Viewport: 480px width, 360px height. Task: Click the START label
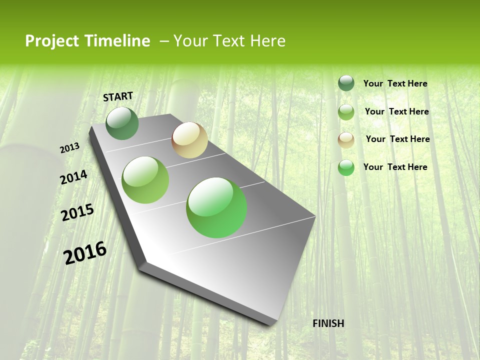point(118,96)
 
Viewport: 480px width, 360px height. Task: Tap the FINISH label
point(328,323)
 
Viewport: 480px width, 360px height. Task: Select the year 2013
point(70,147)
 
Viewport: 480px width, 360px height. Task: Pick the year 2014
point(73,177)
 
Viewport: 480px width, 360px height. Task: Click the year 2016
point(85,253)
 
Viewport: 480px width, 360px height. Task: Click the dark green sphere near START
point(122,123)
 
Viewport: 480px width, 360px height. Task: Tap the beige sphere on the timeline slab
point(189,140)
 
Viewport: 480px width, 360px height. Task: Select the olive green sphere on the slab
point(145,180)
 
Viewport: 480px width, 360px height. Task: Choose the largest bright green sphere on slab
point(216,207)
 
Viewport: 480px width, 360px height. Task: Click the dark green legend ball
point(346,83)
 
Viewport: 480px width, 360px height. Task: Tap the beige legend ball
point(346,140)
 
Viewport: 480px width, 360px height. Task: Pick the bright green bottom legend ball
point(346,167)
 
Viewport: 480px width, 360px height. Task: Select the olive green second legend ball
point(346,112)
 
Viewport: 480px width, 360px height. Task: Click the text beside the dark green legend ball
point(395,83)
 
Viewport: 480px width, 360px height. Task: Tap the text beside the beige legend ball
point(397,139)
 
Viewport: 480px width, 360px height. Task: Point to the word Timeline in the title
point(118,40)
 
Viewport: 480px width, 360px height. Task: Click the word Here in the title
point(267,40)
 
